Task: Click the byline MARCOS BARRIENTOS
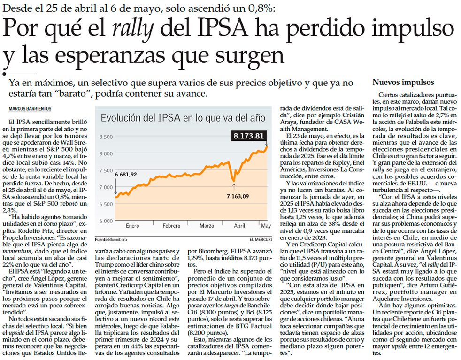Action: click(31, 109)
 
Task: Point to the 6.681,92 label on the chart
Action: click(125, 175)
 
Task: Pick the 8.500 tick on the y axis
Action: click(106, 137)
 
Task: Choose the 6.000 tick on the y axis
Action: click(106, 221)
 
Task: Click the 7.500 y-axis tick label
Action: click(106, 170)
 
